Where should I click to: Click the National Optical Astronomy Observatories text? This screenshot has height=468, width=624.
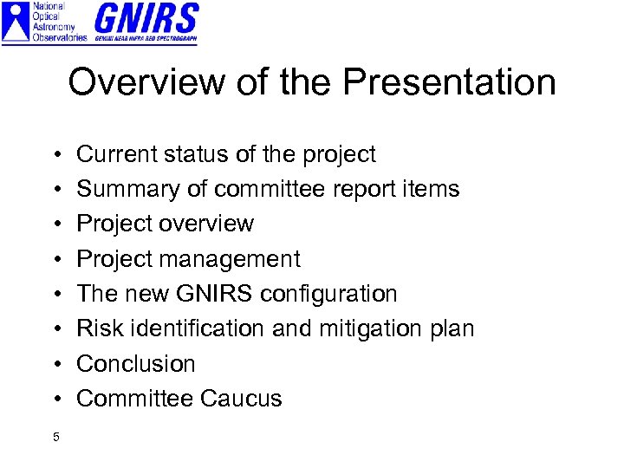59,22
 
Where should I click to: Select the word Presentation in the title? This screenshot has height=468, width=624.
449,82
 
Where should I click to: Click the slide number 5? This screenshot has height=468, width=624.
55,437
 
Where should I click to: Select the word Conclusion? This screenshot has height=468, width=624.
136,364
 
